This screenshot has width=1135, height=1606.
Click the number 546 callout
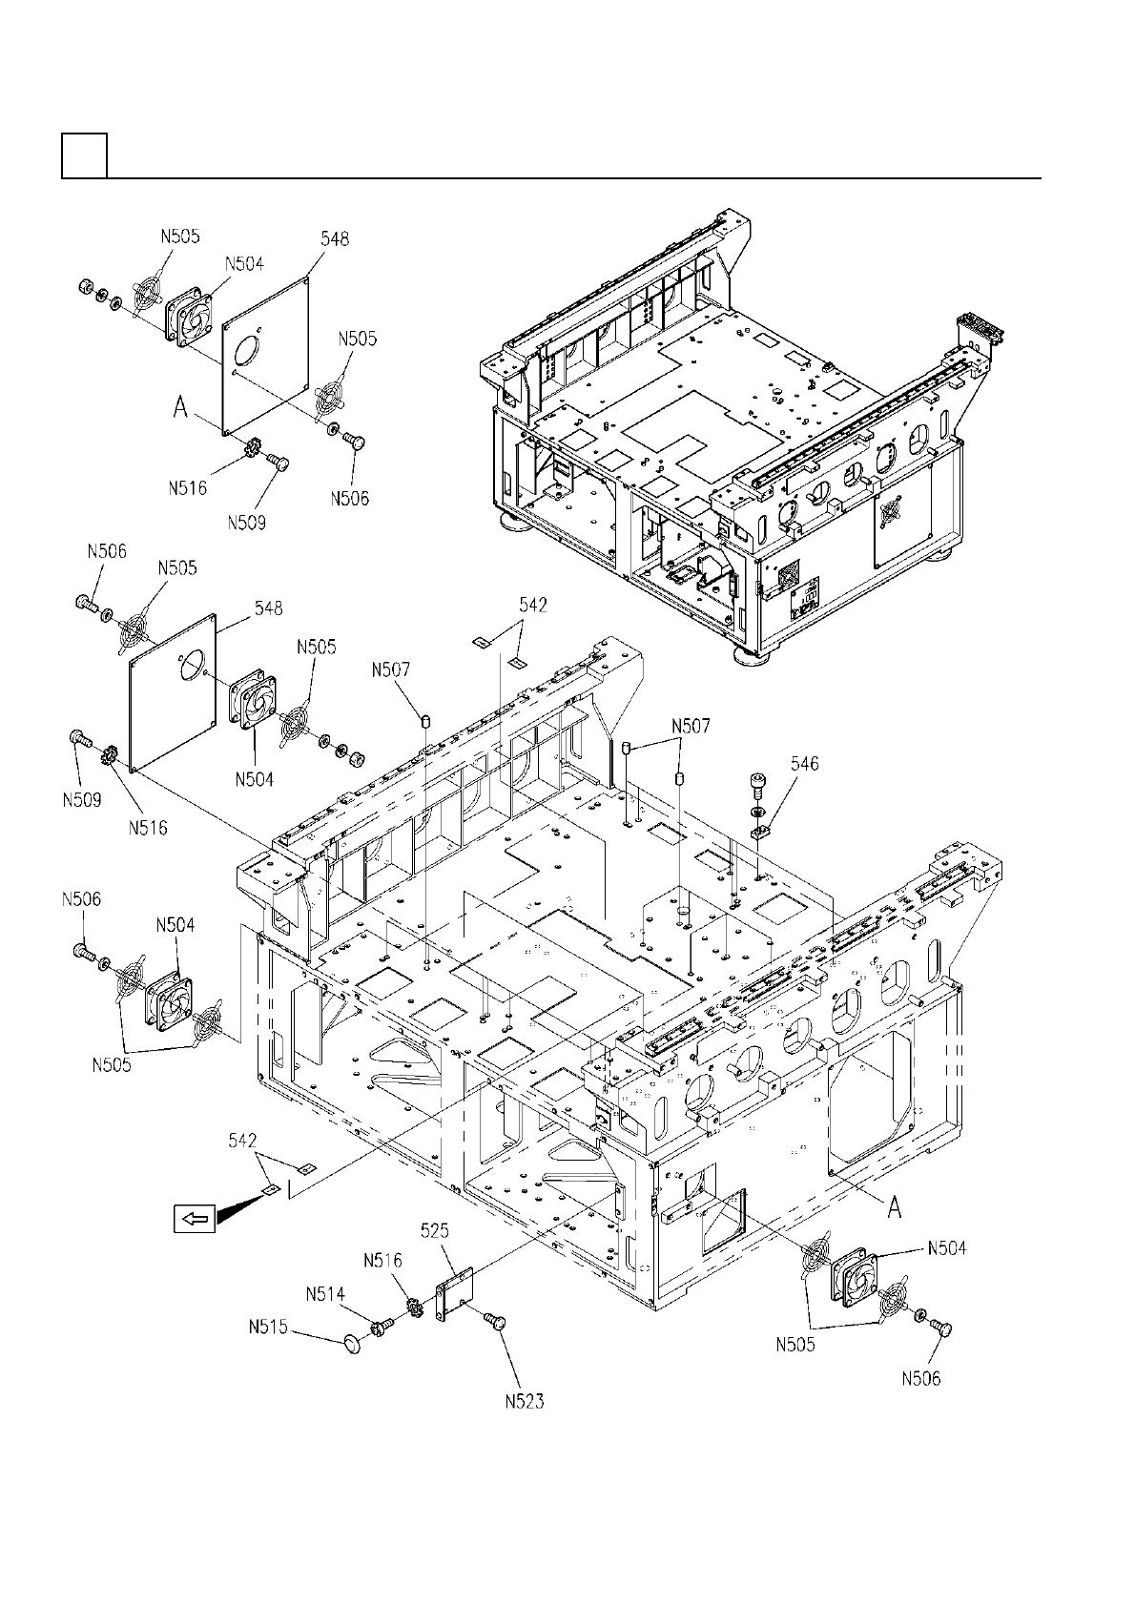click(804, 764)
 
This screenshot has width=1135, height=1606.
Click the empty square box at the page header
click(85, 155)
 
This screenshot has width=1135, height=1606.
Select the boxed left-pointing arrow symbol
click(195, 1218)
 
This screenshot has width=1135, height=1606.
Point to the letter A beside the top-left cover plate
click(180, 408)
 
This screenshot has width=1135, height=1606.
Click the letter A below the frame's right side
click(894, 1209)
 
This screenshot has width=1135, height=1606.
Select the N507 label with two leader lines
click(691, 727)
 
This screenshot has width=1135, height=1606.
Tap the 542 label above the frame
click(533, 606)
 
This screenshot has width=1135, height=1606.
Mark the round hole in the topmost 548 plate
click(245, 351)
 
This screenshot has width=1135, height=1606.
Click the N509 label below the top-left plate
click(247, 523)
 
